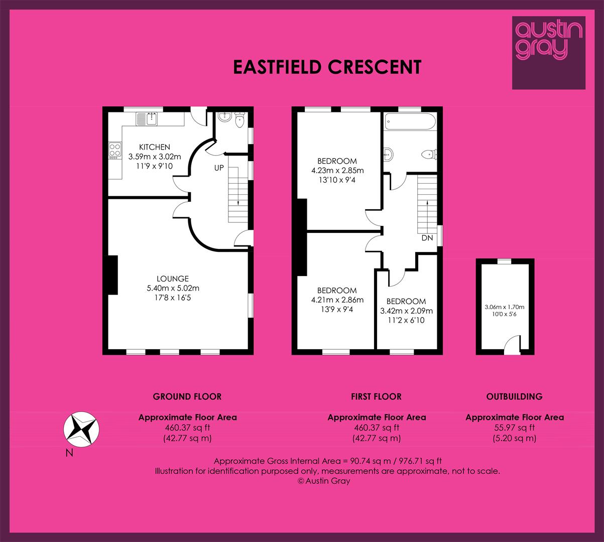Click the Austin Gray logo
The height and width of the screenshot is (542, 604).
click(x=549, y=53)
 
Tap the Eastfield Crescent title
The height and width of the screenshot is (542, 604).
click(x=327, y=67)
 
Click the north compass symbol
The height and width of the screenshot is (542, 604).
click(x=81, y=430)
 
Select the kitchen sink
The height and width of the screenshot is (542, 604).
click(x=147, y=119)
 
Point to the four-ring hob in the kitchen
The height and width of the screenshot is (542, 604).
click(x=115, y=150)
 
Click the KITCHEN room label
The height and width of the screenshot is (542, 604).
click(x=155, y=147)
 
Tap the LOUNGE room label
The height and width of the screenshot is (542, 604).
click(x=173, y=279)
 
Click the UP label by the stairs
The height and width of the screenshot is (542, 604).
click(x=219, y=168)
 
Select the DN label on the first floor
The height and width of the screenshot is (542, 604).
click(x=427, y=238)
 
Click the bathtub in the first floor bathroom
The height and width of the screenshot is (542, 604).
click(x=410, y=121)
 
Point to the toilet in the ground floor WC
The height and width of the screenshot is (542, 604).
click(x=239, y=120)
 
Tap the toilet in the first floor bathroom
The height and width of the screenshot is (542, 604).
click(x=429, y=155)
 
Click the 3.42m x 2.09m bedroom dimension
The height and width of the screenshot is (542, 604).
click(x=406, y=311)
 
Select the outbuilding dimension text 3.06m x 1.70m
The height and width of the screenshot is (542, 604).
click(x=505, y=307)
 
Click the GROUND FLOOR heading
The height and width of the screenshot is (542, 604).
click(x=187, y=396)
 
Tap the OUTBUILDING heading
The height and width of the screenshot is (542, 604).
click(x=514, y=396)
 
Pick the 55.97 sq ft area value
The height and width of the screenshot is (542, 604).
click(x=515, y=428)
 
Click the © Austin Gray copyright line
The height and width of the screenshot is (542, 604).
click(x=324, y=481)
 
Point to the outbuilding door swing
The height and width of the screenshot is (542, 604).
click(x=512, y=345)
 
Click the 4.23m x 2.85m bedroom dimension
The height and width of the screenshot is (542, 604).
click(x=337, y=171)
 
